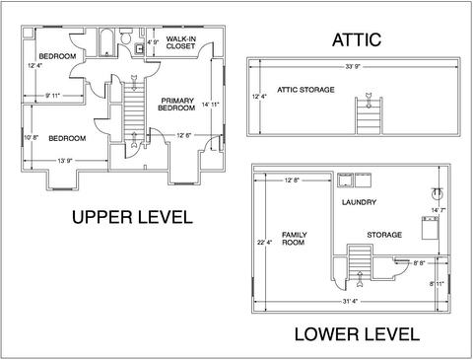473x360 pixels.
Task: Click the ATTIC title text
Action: (x=357, y=39)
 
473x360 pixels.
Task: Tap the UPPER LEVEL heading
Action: (x=132, y=217)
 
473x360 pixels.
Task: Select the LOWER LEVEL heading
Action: (x=357, y=334)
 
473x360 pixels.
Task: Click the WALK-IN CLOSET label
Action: (x=180, y=42)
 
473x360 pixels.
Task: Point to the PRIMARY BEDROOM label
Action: (x=176, y=105)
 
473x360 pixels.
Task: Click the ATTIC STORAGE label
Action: (x=305, y=90)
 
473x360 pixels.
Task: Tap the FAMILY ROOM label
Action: (x=294, y=239)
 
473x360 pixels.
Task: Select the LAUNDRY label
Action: (x=359, y=202)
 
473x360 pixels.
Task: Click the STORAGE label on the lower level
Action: (x=384, y=235)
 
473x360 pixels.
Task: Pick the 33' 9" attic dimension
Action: (x=353, y=67)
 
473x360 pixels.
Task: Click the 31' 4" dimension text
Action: (x=350, y=301)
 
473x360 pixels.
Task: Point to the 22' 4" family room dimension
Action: (x=264, y=243)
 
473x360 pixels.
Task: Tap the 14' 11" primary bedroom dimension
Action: (x=210, y=105)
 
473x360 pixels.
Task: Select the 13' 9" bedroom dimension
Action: (x=65, y=161)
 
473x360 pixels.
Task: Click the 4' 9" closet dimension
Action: (x=153, y=42)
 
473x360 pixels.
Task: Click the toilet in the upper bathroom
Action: (x=126, y=36)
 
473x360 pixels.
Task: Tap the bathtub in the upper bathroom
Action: (x=106, y=43)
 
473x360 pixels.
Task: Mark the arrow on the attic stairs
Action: (x=369, y=101)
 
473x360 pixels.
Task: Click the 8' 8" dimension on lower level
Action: (x=419, y=263)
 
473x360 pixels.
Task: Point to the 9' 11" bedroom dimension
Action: (x=52, y=96)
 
